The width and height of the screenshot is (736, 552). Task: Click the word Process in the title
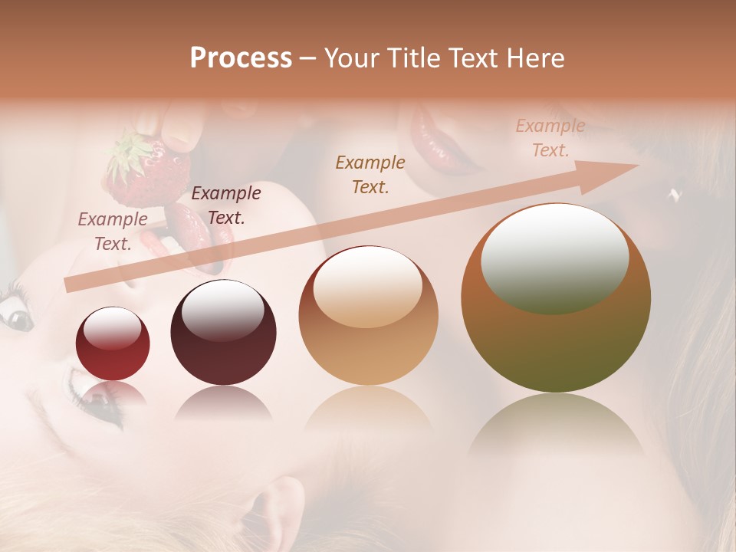(241, 58)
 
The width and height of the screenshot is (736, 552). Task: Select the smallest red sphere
(113, 344)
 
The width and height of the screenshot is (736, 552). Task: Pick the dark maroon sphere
(223, 333)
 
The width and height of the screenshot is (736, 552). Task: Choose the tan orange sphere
(368, 316)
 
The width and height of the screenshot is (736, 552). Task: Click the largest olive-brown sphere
(556, 299)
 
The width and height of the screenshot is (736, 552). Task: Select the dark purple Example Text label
(225, 205)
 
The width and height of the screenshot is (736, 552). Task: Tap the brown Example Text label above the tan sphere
(370, 174)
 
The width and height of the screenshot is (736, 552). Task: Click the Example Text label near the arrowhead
(550, 138)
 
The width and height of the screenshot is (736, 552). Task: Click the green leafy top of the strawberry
(128, 149)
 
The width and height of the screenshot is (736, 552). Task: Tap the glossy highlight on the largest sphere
(554, 257)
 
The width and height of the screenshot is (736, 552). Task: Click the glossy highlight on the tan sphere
(368, 285)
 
